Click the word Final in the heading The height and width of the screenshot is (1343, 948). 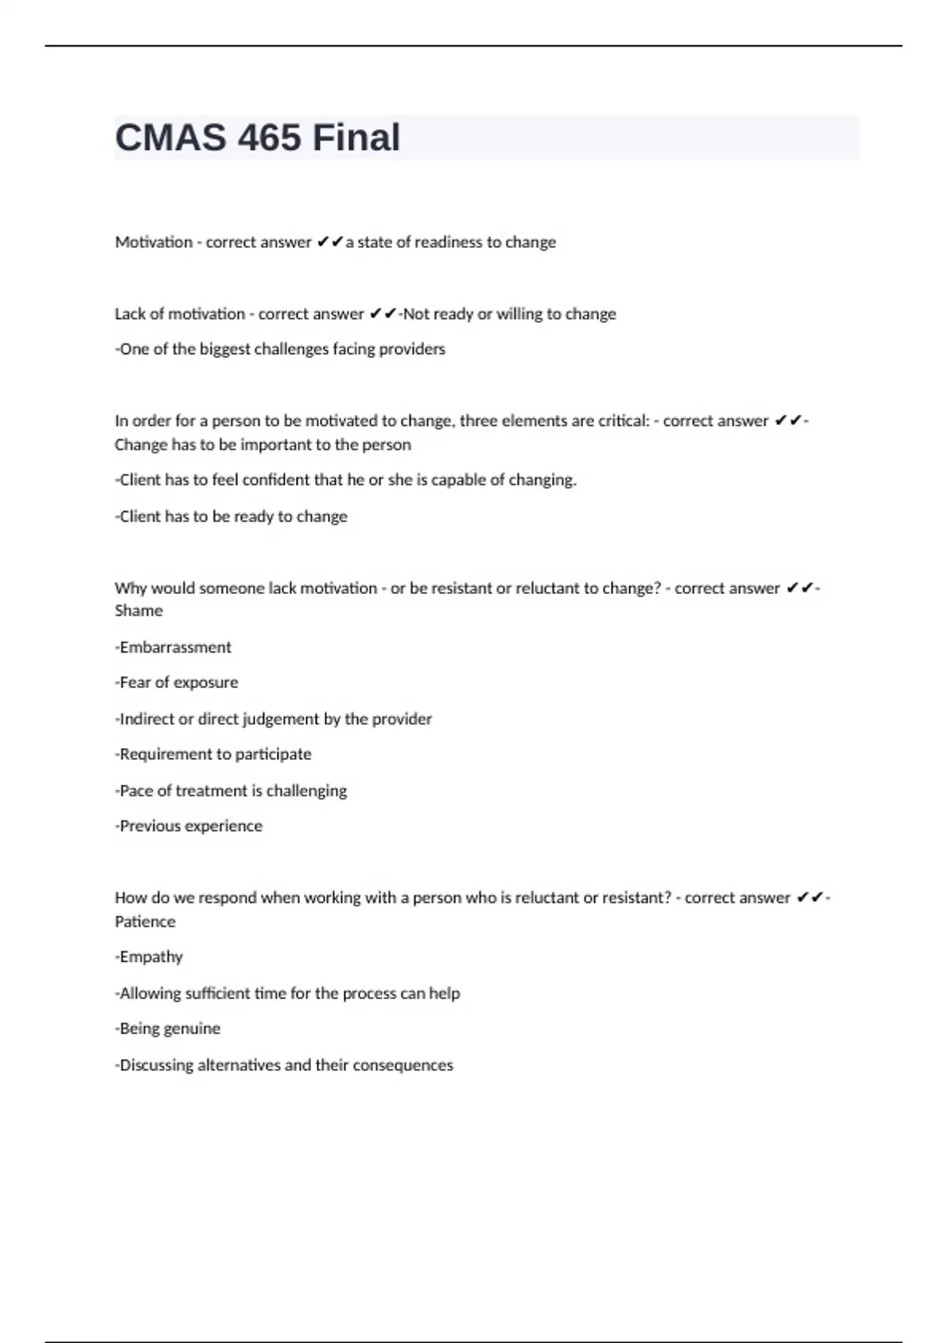tap(356, 137)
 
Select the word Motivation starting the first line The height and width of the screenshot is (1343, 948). tap(153, 242)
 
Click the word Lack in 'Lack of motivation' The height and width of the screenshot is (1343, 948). tap(130, 314)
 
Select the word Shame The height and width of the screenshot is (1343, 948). tap(138, 611)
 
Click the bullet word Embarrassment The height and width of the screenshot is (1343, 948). tap(175, 647)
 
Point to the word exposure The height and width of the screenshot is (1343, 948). tap(208, 683)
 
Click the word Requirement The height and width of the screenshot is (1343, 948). tap(166, 754)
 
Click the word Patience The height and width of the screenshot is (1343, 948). tap(145, 921)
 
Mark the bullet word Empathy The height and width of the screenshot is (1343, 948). tap(151, 957)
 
